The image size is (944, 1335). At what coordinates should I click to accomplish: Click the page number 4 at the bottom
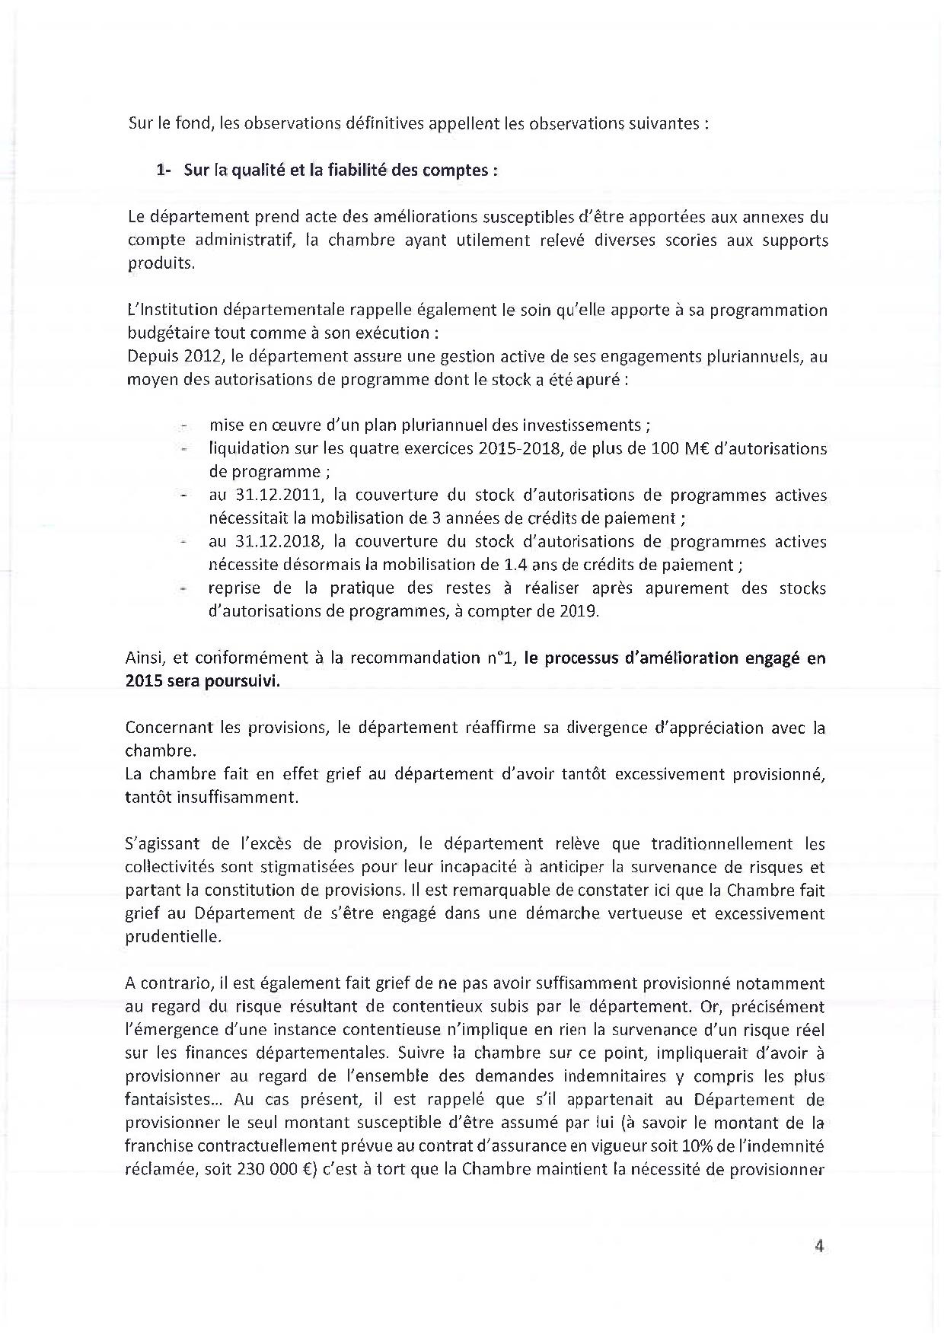pos(820,1246)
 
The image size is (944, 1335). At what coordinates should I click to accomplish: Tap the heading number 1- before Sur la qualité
pos(164,170)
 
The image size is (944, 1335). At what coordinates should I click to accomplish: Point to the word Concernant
pos(169,728)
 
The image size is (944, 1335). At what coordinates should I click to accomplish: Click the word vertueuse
pos(644,913)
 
